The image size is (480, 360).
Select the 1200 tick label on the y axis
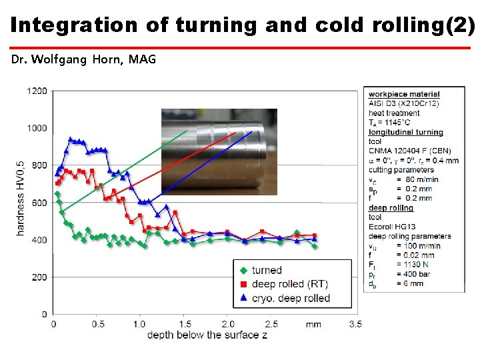tap(37, 90)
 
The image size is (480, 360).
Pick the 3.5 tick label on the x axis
tap(355, 324)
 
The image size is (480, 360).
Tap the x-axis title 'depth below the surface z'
tap(207, 334)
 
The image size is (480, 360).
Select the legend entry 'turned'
tap(267, 270)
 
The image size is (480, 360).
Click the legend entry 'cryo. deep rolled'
tap(291, 298)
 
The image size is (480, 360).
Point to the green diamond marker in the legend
tap(243, 270)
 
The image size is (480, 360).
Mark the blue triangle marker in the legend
tap(243, 298)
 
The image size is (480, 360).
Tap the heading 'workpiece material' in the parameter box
tap(404, 95)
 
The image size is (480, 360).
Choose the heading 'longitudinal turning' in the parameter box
tap(405, 132)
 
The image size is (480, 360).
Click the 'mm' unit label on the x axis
tap(313, 324)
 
